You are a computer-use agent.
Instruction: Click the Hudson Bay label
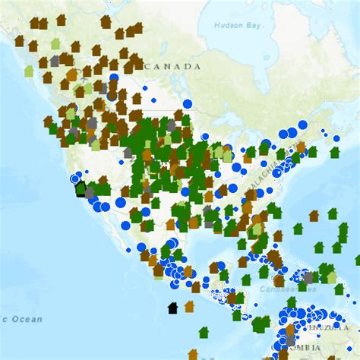(237, 25)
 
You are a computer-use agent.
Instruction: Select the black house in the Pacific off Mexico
(173, 308)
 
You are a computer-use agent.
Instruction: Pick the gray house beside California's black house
(90, 192)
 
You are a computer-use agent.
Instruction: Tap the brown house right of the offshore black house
(189, 306)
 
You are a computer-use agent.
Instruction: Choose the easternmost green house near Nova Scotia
(334, 152)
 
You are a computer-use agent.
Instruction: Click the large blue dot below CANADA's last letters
(188, 106)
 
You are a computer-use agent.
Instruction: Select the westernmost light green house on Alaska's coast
(29, 71)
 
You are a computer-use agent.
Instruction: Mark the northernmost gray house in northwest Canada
(55, 60)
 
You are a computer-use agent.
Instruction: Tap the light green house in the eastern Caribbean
(332, 277)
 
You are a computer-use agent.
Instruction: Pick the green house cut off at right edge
(357, 260)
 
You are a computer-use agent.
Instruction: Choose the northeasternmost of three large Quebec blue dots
(302, 125)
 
